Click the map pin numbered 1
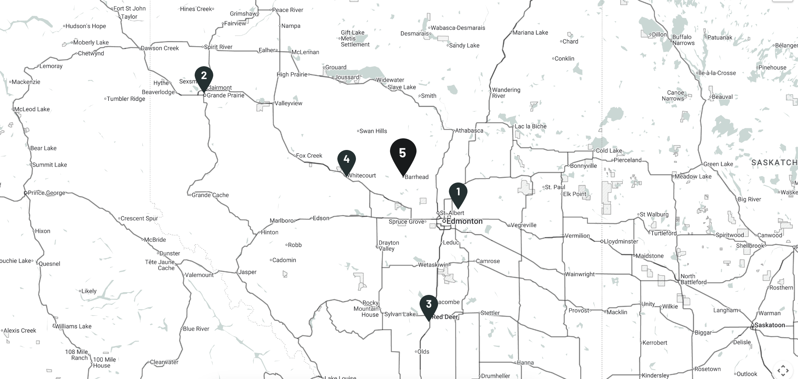(x=458, y=193)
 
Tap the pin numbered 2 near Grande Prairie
(x=204, y=77)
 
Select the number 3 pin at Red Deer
(x=428, y=305)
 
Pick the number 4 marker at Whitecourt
(x=346, y=160)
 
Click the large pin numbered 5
(x=403, y=153)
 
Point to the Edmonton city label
(x=465, y=221)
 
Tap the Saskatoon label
(x=769, y=325)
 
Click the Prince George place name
(x=46, y=193)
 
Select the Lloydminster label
(x=621, y=241)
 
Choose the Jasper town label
(x=247, y=272)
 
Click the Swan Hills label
(x=373, y=131)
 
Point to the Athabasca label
(x=469, y=131)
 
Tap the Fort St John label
(x=130, y=9)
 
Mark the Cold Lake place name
(x=609, y=151)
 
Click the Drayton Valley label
(x=389, y=246)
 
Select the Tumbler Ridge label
(x=126, y=99)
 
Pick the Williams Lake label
(x=73, y=326)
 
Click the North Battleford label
(x=693, y=279)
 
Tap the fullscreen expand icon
(x=783, y=370)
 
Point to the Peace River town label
(x=287, y=10)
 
